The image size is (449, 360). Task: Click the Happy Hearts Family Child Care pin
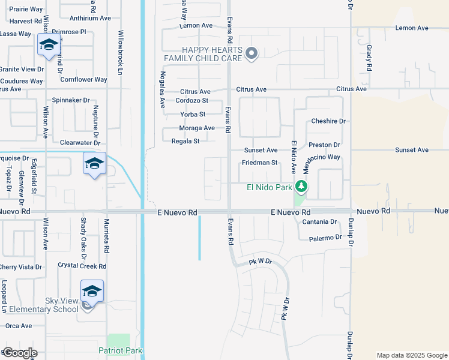click(x=252, y=54)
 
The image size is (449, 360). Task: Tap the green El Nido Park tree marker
click(x=301, y=187)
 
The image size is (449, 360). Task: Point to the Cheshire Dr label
click(x=328, y=121)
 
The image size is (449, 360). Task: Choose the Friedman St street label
click(x=260, y=163)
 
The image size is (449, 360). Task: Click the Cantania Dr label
click(x=319, y=222)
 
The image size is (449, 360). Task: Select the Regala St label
click(x=185, y=142)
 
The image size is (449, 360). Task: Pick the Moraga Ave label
click(x=197, y=128)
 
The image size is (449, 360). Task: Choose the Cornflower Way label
click(x=83, y=80)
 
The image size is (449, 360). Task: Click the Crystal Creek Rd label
click(x=82, y=266)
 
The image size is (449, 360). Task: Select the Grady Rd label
click(x=370, y=57)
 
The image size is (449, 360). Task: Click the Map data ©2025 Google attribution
click(x=412, y=355)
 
